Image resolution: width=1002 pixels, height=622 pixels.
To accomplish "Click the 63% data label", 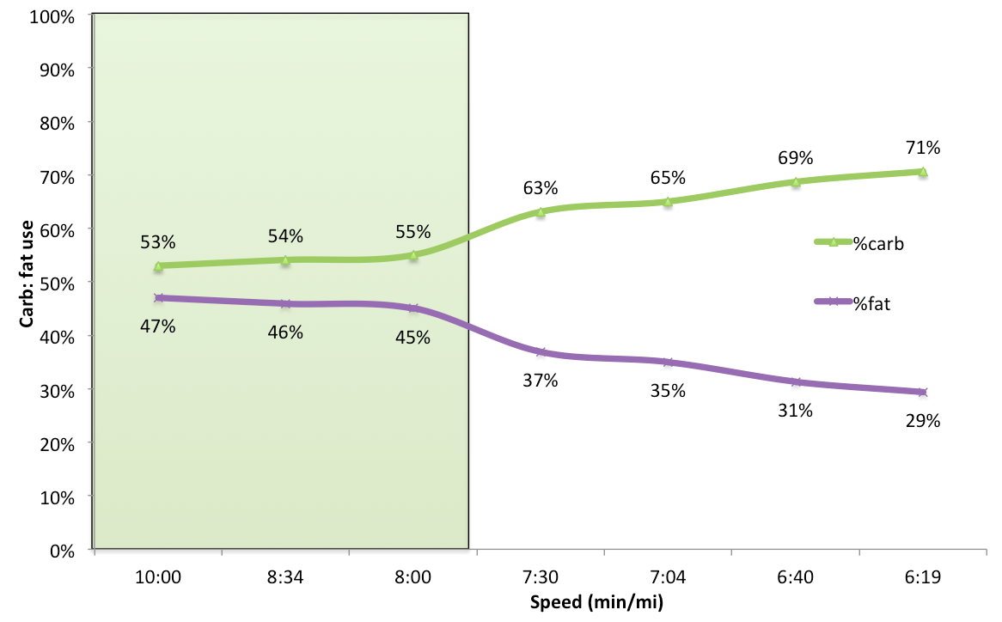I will (541, 187).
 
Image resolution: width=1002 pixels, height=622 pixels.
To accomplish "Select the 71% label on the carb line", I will (923, 148).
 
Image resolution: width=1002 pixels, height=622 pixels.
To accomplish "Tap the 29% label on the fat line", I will (923, 421).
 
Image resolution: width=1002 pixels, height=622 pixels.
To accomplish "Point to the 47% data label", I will (158, 326).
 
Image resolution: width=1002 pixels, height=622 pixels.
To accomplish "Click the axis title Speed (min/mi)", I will (596, 602).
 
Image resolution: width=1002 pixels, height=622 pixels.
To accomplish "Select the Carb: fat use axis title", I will (27, 283).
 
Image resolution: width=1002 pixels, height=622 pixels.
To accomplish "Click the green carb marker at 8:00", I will (413, 255).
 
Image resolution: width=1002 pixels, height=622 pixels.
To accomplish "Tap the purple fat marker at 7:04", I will (668, 363).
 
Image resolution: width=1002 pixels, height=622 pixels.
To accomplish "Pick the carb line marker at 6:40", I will (796, 181).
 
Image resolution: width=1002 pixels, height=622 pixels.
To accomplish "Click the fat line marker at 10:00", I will (158, 298).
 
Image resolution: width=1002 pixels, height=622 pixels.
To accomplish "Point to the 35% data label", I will (668, 391).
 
